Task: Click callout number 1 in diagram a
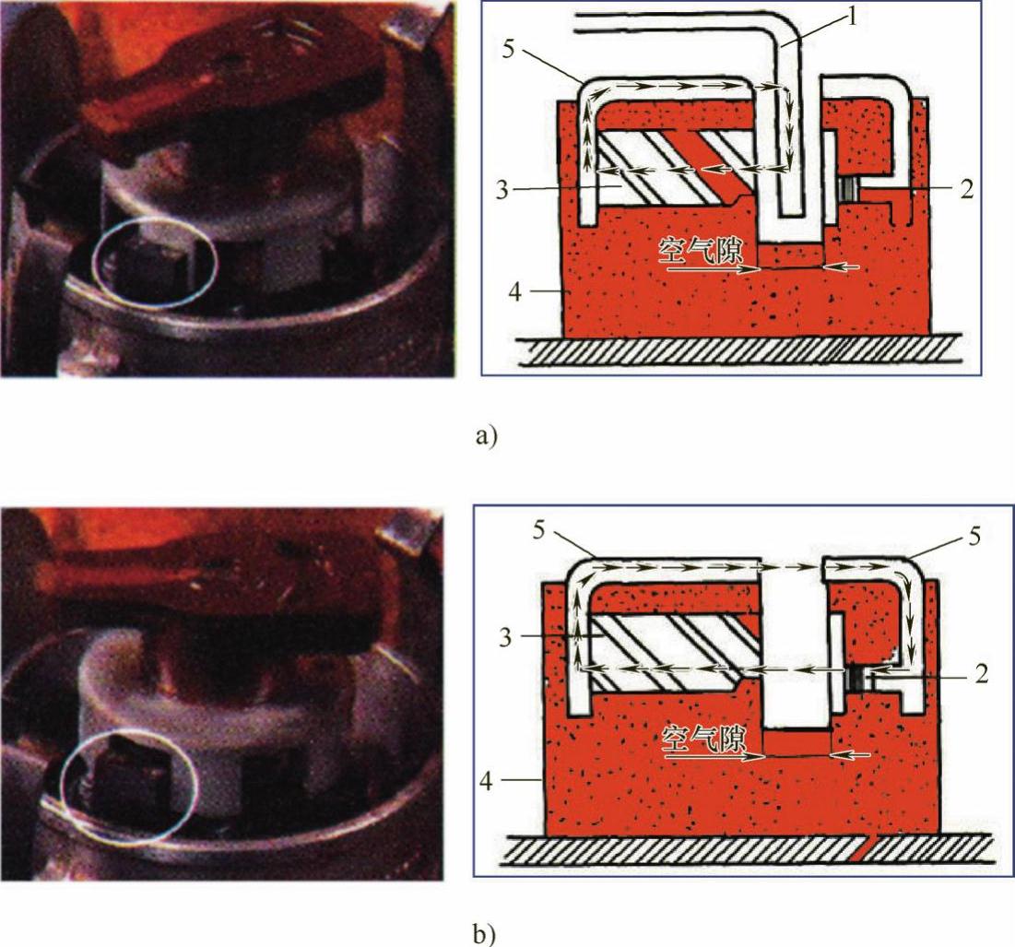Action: click(853, 18)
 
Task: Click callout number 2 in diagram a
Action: click(966, 190)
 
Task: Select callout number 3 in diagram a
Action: click(503, 190)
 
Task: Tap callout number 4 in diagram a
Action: click(514, 292)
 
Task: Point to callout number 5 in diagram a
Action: click(508, 49)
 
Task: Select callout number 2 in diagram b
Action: click(981, 674)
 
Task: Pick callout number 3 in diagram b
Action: click(505, 637)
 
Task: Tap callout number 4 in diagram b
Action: click(487, 781)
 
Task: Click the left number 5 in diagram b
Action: click(538, 531)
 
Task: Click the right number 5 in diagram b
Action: click(974, 537)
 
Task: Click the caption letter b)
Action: click(486, 934)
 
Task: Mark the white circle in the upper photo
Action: click(93, 263)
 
